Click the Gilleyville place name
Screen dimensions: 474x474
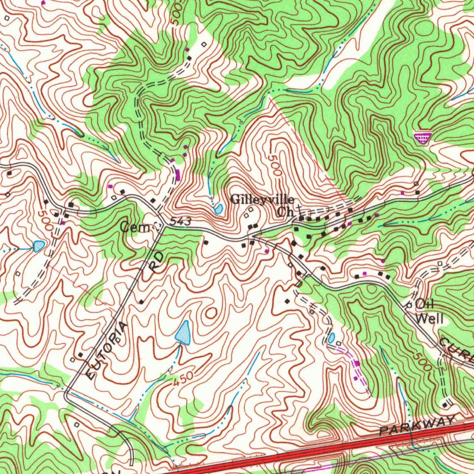pyautogui.click(x=262, y=200)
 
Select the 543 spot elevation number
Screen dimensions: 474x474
pyautogui.click(x=180, y=223)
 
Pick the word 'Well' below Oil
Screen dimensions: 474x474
pyautogui.click(x=430, y=318)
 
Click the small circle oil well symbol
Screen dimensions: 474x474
pyautogui.click(x=409, y=306)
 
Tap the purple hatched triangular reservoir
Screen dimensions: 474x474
pyautogui.click(x=422, y=137)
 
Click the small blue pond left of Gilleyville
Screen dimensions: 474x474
pyautogui.click(x=218, y=209)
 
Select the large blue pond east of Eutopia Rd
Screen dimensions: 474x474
pyautogui.click(x=184, y=333)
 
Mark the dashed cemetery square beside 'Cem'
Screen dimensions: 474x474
pyautogui.click(x=156, y=226)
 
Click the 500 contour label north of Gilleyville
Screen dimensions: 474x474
pyautogui.click(x=274, y=164)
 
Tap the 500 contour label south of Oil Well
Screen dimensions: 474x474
pyautogui.click(x=423, y=362)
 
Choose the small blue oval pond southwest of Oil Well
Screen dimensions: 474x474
pyautogui.click(x=331, y=338)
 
